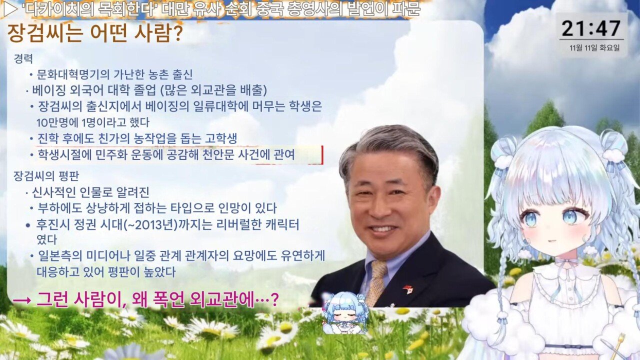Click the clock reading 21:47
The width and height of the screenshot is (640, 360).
(x=591, y=28)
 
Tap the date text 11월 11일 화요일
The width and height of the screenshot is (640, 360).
(x=594, y=47)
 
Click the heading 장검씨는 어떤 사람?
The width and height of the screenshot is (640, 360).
(x=95, y=33)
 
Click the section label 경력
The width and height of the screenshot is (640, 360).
(x=23, y=59)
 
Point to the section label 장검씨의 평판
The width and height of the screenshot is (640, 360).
(x=46, y=175)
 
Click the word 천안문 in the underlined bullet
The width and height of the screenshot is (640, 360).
(x=218, y=154)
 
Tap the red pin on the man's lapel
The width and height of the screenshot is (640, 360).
(x=407, y=289)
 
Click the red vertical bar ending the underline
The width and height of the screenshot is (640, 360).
(x=322, y=155)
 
